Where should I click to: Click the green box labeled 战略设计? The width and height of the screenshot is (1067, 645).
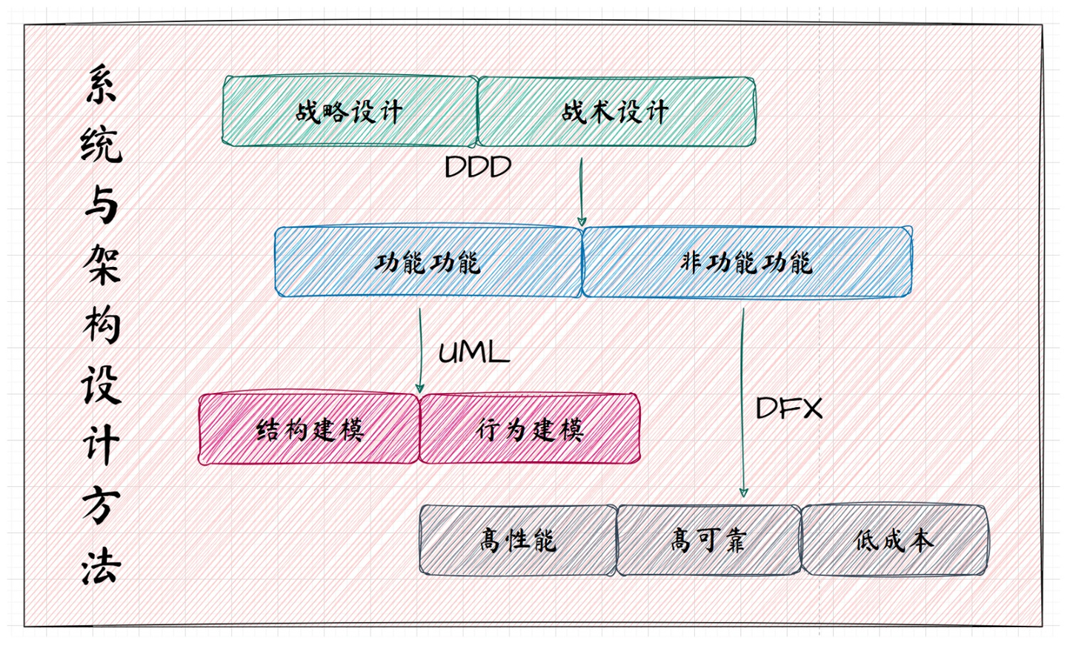[x=350, y=111]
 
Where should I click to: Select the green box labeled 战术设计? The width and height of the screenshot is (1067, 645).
[x=616, y=111]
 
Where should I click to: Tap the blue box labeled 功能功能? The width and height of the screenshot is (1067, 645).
[x=428, y=262]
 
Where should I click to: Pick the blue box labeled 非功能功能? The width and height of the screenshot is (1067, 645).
[x=747, y=262]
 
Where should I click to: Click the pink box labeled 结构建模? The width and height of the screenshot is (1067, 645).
[x=309, y=429]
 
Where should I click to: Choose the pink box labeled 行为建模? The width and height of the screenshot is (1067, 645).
[x=530, y=429]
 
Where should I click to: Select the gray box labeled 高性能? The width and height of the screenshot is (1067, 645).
[x=518, y=540]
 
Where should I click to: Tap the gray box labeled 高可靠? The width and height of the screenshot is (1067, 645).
[x=708, y=540]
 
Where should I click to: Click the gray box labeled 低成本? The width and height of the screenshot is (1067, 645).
[x=894, y=540]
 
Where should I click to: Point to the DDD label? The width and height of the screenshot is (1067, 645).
[x=478, y=167]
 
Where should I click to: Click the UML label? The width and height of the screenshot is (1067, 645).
[x=474, y=352]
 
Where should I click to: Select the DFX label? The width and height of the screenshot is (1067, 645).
[x=789, y=408]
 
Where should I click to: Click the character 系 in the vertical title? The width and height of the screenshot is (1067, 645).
[x=101, y=84]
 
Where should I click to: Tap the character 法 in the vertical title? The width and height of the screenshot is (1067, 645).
[x=101, y=567]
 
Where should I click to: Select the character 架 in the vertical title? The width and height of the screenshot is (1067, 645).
[x=101, y=265]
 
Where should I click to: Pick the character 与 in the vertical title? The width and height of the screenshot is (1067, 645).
[x=101, y=205]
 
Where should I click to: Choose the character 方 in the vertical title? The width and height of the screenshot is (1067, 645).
[x=101, y=506]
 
